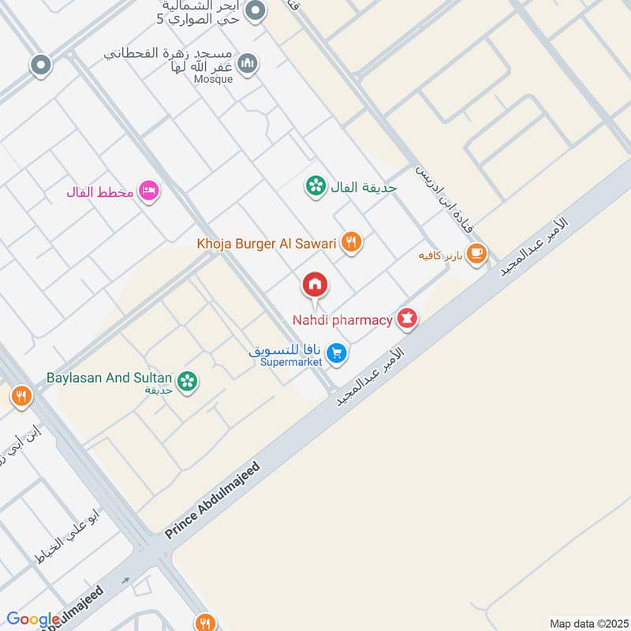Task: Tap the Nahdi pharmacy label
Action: coord(342,320)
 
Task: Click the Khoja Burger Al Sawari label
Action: coord(267,244)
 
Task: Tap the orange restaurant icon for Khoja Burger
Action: coord(352,244)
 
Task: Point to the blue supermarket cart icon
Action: coord(337,354)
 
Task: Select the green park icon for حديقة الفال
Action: coord(315,187)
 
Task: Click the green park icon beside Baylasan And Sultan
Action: coord(188,382)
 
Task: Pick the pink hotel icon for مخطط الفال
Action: coord(148,191)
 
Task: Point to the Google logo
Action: coord(33,620)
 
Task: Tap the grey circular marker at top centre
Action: coord(255,12)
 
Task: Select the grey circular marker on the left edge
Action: coord(40,66)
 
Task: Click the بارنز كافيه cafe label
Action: coord(439,256)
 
